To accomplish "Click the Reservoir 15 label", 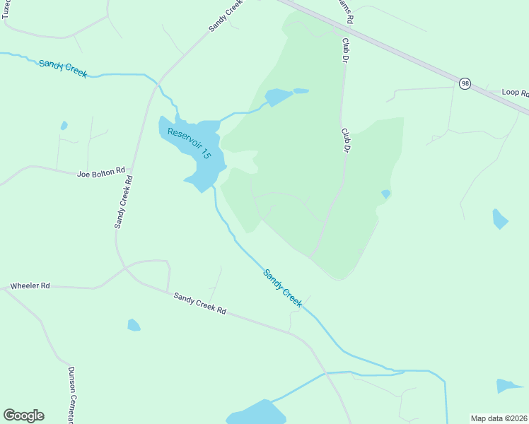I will (x=190, y=143).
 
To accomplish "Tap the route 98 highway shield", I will (x=464, y=83).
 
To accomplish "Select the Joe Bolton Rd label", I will (x=101, y=171).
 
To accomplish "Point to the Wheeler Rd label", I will (x=30, y=286).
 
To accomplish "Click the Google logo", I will (x=23, y=416).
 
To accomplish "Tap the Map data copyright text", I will (x=499, y=418).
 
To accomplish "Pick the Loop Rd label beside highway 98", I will (x=515, y=93).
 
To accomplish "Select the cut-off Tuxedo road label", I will (x=6, y=8).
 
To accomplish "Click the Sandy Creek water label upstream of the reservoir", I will (x=63, y=68).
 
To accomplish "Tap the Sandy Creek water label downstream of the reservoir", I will (x=283, y=288).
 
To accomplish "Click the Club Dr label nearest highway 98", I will (x=347, y=50).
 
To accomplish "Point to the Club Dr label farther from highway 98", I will (x=347, y=140).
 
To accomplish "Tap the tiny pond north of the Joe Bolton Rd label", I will (x=64, y=126).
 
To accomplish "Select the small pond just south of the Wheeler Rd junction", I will (x=134, y=325).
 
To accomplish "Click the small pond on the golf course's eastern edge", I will (x=385, y=194).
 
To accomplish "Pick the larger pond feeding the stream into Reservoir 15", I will (x=278, y=97).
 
